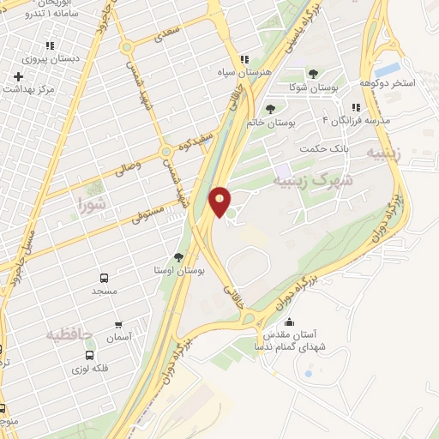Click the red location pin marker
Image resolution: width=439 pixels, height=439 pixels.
(x=220, y=201)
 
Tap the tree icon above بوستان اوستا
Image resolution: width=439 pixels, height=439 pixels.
(x=178, y=256)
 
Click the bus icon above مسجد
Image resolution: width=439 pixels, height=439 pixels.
(x=104, y=278)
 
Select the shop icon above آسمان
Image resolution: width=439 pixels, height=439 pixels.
(x=118, y=325)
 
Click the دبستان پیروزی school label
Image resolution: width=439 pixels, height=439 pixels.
(x=50, y=59)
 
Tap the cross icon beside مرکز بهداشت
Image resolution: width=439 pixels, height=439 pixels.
(x=18, y=77)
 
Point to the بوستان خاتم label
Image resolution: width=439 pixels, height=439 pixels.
(x=270, y=123)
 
